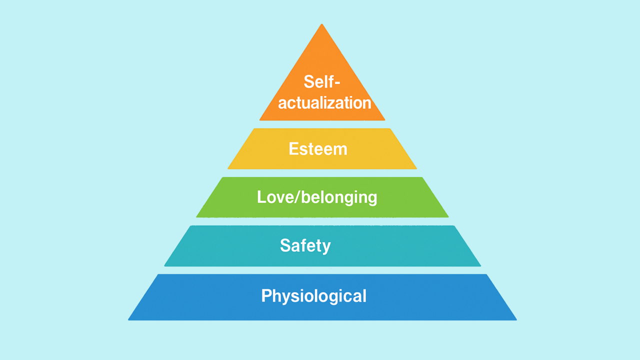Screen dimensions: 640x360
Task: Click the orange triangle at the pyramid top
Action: click(x=322, y=85)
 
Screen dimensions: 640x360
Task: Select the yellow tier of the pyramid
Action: click(x=322, y=149)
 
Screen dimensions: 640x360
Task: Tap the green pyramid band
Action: click(x=322, y=197)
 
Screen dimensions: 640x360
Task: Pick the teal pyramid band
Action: click(x=322, y=246)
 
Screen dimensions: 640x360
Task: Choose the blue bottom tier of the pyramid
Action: click(x=322, y=297)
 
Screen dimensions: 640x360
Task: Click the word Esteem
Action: click(x=318, y=149)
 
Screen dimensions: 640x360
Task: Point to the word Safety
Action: click(x=305, y=245)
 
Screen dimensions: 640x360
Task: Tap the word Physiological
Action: click(x=313, y=296)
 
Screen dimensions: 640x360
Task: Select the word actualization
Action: click(x=324, y=103)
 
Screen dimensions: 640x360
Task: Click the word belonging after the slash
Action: click(x=339, y=197)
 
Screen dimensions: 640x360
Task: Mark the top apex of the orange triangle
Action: click(x=322, y=24)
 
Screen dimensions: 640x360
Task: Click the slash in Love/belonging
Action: click(x=297, y=197)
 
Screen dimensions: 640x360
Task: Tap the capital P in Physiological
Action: click(x=266, y=295)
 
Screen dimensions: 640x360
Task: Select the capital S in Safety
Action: click(x=285, y=245)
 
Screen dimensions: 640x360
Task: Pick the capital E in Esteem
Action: click(x=294, y=149)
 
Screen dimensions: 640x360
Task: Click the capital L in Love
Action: click(x=261, y=197)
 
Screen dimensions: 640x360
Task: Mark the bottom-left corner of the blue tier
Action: click(x=128, y=320)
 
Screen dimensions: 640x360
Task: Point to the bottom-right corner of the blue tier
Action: click(x=516, y=320)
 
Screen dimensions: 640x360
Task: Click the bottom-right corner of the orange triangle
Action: click(x=385, y=120)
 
